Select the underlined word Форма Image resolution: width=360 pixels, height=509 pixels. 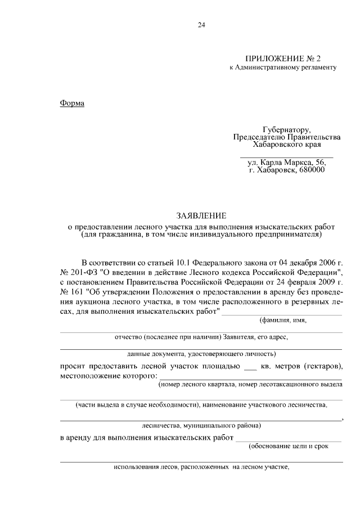(x=72, y=103)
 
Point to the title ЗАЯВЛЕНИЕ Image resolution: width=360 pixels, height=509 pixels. (x=201, y=215)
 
